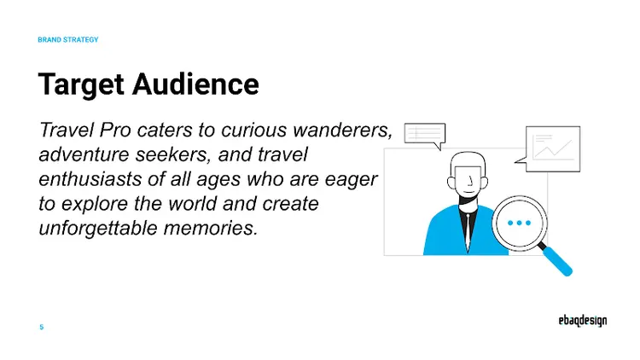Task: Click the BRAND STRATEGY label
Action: [x=68, y=40]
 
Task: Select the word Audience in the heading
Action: [x=197, y=84]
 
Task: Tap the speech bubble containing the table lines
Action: [x=424, y=135]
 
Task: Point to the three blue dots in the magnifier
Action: [x=519, y=223]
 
